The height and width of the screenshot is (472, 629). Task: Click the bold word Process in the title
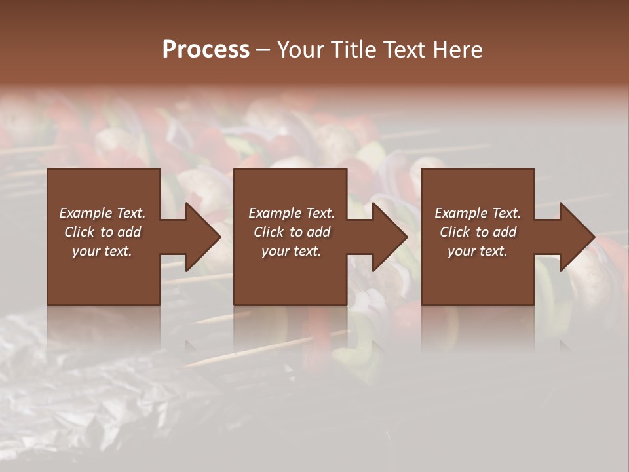click(206, 49)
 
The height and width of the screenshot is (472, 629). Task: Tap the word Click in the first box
click(79, 232)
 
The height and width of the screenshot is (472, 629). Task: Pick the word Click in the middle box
click(269, 232)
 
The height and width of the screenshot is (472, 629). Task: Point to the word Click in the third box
click(455, 232)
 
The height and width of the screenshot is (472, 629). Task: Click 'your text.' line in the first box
click(102, 251)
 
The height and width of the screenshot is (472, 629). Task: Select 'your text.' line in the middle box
click(292, 251)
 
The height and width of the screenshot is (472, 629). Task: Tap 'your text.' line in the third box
click(478, 251)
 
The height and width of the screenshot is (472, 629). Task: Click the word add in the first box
click(130, 232)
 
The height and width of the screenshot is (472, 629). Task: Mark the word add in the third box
click(505, 232)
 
